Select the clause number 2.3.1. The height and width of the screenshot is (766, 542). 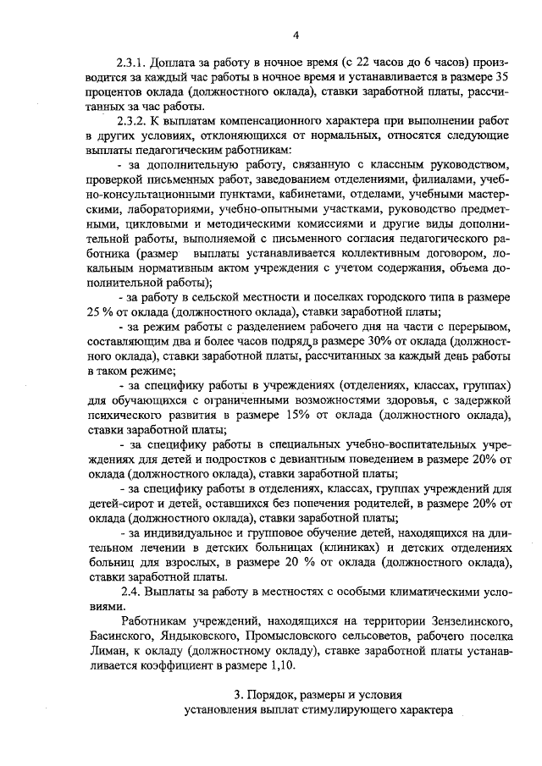(x=133, y=63)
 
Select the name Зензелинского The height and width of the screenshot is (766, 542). (x=462, y=621)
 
